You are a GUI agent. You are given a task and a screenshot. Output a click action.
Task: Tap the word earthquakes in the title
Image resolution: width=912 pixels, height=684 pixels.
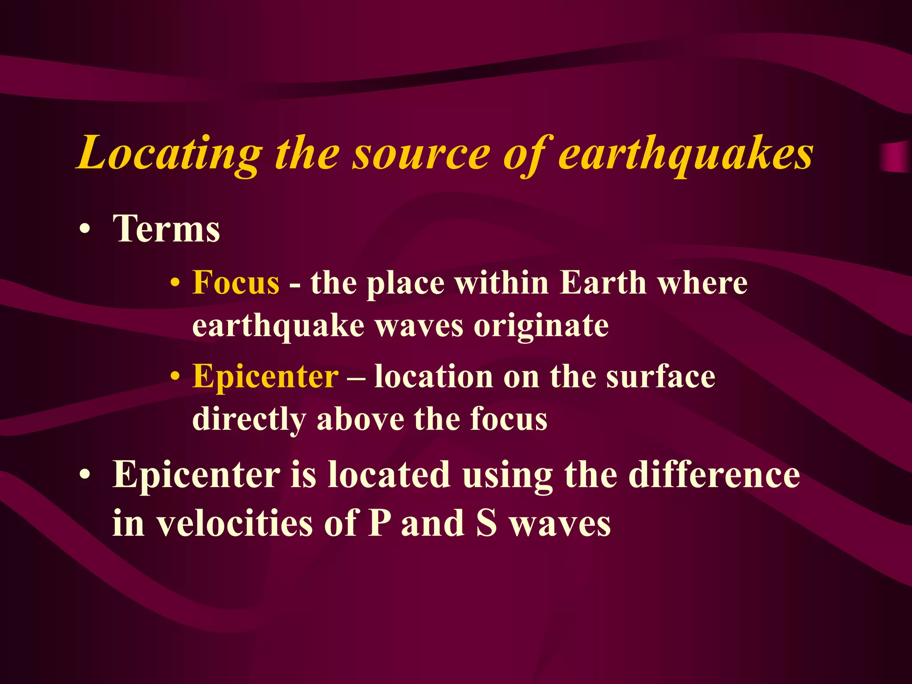686,154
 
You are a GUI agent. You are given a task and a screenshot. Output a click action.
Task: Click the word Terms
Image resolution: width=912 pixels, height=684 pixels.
166,229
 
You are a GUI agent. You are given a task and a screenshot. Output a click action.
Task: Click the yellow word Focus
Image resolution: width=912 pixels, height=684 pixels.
236,283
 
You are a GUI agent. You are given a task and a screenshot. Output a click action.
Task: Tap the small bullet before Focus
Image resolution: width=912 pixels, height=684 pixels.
175,284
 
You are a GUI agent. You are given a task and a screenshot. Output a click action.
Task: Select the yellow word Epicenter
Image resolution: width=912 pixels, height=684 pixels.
265,377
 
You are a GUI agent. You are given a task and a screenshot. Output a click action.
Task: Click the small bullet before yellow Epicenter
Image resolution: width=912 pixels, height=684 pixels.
175,377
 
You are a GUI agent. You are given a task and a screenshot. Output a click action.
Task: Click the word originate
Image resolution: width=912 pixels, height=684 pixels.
541,326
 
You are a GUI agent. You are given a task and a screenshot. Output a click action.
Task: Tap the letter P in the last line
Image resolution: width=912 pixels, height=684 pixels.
379,523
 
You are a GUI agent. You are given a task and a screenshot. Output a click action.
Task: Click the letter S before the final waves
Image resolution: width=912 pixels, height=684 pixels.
486,523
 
